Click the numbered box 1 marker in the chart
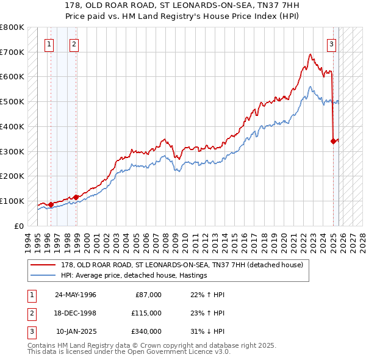pyautogui.click(x=49, y=43)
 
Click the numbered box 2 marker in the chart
pyautogui.click(x=74, y=43)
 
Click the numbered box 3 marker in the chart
pyautogui.click(x=331, y=43)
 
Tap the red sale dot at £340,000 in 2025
pyautogui.click(x=333, y=141)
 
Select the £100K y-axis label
pyautogui.click(x=12, y=201)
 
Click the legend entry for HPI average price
pyautogui.click(x=134, y=276)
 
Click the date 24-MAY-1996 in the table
pyautogui.click(x=76, y=295)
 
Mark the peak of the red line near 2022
pyautogui.click(x=310, y=54)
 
